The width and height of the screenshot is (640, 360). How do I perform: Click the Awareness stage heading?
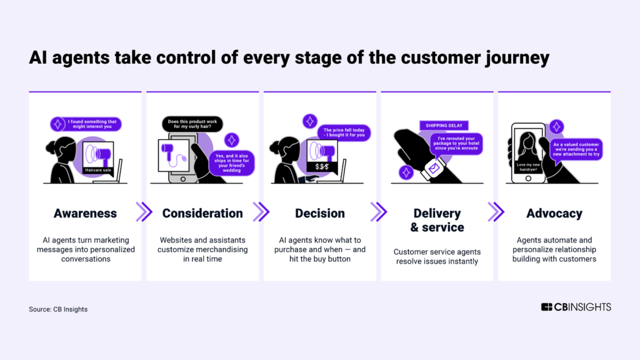[x=86, y=213]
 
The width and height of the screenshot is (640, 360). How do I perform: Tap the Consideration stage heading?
[x=202, y=213]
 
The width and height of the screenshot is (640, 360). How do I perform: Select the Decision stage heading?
[x=320, y=213]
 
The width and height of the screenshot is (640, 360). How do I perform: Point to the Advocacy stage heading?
[x=554, y=213]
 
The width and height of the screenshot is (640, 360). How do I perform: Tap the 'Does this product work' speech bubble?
[x=193, y=124]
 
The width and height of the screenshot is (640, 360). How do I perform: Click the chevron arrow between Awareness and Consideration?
[x=144, y=212]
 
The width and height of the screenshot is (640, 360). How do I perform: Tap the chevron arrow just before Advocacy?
[x=495, y=212]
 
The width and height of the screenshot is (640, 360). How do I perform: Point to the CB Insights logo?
[x=576, y=307]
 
